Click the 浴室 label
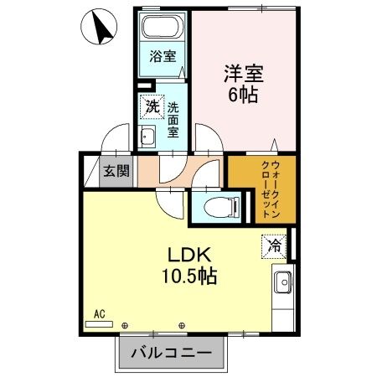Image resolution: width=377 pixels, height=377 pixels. [x=163, y=57]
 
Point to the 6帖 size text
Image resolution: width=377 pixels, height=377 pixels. [x=244, y=94]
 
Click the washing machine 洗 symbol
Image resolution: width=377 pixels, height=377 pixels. [x=151, y=106]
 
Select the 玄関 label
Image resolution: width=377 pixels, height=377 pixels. [x=116, y=172]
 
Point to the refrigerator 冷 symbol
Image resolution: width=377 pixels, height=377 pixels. [x=274, y=245]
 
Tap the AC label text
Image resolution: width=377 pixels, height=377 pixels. [x=100, y=314]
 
